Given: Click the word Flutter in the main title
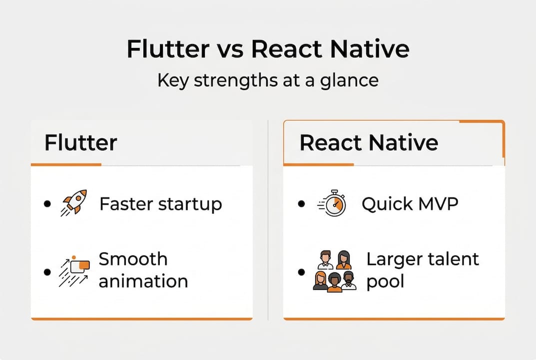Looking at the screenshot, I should [168, 49].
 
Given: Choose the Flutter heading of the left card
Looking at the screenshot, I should [80, 142].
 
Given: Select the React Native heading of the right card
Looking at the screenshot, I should [369, 142].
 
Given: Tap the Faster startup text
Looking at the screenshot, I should [160, 204].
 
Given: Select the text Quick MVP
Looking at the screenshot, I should [410, 204].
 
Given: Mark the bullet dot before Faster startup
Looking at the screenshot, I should [47, 204].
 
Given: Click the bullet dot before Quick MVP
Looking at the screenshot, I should [301, 204].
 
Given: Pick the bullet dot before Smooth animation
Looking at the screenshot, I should [47, 272].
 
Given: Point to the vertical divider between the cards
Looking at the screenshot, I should [268, 220].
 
